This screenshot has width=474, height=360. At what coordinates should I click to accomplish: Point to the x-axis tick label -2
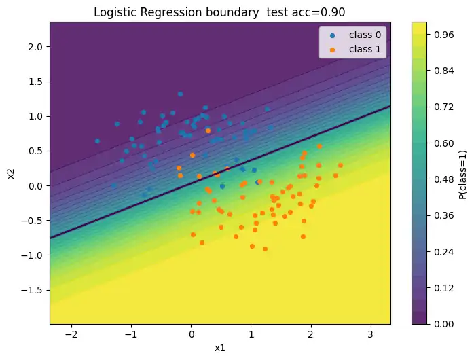[x=71, y=334]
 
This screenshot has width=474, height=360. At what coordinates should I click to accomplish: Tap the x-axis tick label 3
[x=371, y=334]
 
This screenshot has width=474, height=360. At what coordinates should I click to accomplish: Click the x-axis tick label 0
[x=191, y=334]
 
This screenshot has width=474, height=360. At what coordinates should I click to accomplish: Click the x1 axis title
[x=219, y=348]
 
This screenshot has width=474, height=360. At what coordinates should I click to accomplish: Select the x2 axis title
[x=12, y=173]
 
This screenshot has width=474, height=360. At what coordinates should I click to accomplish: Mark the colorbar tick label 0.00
[x=443, y=324]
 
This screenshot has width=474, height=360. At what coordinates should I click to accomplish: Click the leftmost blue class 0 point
[x=97, y=141]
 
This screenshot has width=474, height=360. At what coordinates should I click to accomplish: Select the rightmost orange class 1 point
[x=340, y=165]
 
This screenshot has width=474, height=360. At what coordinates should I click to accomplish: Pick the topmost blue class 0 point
[x=180, y=94]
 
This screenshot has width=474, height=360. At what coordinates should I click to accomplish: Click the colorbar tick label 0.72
[x=443, y=106]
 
